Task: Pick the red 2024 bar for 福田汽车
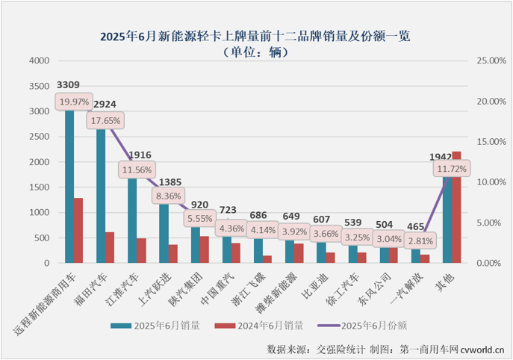tap(110, 247)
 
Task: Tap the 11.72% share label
tap(452, 170)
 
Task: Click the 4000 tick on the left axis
tap(40, 61)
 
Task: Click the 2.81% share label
tap(420, 240)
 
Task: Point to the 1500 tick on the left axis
tap(40, 187)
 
